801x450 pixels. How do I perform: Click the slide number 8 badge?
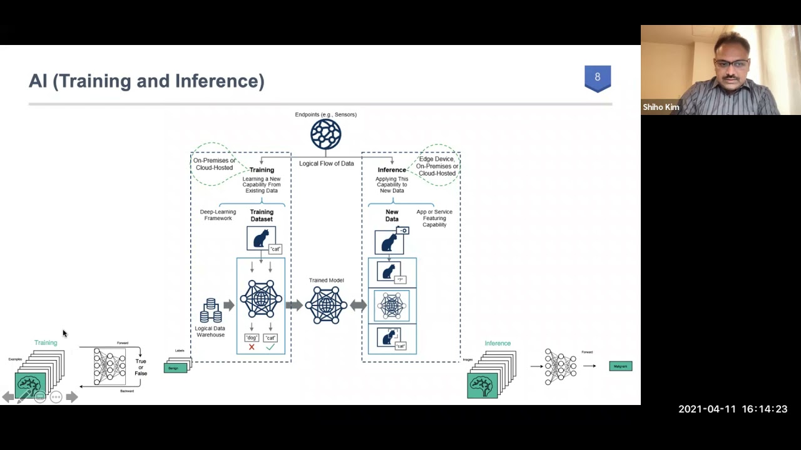coord(598,77)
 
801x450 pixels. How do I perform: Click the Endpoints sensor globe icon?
coord(326,134)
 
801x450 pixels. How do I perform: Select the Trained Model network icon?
coord(326,305)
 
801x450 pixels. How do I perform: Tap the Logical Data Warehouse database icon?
coord(211,311)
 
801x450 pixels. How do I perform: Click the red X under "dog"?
coord(252,347)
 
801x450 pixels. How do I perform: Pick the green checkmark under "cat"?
coord(270,347)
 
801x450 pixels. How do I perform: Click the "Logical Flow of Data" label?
coord(326,164)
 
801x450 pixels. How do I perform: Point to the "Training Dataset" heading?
coord(262,216)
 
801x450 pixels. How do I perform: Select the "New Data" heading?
coord(392,216)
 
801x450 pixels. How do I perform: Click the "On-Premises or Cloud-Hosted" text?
coord(214,164)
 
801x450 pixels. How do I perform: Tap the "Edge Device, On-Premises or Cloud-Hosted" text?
coord(437,166)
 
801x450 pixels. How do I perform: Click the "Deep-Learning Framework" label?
coord(218,215)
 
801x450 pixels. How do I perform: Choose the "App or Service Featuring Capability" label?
coord(434,218)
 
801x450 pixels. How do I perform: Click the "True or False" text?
coord(141,367)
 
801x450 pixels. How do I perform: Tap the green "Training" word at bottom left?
coord(46,342)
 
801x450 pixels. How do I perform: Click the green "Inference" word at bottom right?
coord(497,343)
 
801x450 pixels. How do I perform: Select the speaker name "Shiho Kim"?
coord(661,107)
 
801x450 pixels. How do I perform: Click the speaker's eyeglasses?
coord(731,64)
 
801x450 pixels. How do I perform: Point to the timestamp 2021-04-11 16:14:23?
coord(733,409)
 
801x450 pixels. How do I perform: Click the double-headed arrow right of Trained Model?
coord(359,305)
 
